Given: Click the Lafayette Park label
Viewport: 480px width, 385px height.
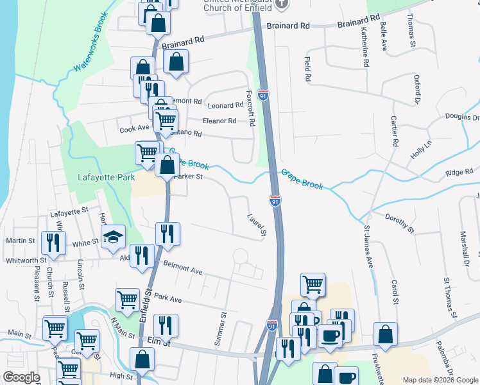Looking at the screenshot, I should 107,177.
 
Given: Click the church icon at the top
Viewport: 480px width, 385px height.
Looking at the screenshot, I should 282,4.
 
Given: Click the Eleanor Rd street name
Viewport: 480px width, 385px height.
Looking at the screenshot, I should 219,121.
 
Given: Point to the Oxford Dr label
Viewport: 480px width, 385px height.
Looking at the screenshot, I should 416,89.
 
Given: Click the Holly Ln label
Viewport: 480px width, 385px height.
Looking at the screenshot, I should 421,151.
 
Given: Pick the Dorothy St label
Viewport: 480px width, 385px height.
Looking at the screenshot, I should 399,222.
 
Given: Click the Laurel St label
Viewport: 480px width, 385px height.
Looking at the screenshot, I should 256,225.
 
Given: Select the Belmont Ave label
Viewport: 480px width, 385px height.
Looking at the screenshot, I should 183,268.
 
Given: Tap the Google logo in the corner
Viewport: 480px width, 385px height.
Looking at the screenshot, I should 21,377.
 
